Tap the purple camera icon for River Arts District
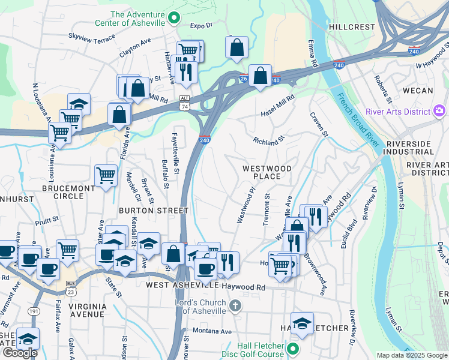[439, 111]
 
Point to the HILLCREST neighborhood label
[352, 27]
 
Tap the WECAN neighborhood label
[418, 91]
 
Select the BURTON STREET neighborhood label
[154, 211]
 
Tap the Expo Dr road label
[202, 26]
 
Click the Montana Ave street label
[211, 331]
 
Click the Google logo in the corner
[20, 353]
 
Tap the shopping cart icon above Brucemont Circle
[106, 175]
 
